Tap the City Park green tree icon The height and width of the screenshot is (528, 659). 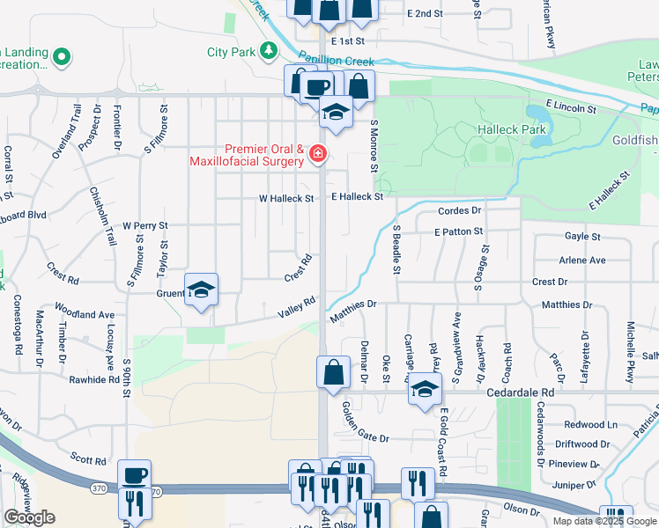[269, 52]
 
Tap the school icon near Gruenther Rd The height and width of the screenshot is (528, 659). [202, 290]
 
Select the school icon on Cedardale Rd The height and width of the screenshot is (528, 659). [425, 390]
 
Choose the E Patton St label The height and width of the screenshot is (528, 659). [458, 231]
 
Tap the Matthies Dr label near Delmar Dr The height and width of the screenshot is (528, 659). [353, 304]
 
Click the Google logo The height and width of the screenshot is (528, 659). [29, 517]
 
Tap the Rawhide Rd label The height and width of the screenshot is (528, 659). [96, 380]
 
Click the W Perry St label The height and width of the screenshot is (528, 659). [145, 226]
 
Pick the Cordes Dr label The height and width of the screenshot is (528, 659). [460, 211]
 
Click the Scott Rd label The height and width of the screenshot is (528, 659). [88, 459]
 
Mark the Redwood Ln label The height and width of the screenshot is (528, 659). [590, 424]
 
